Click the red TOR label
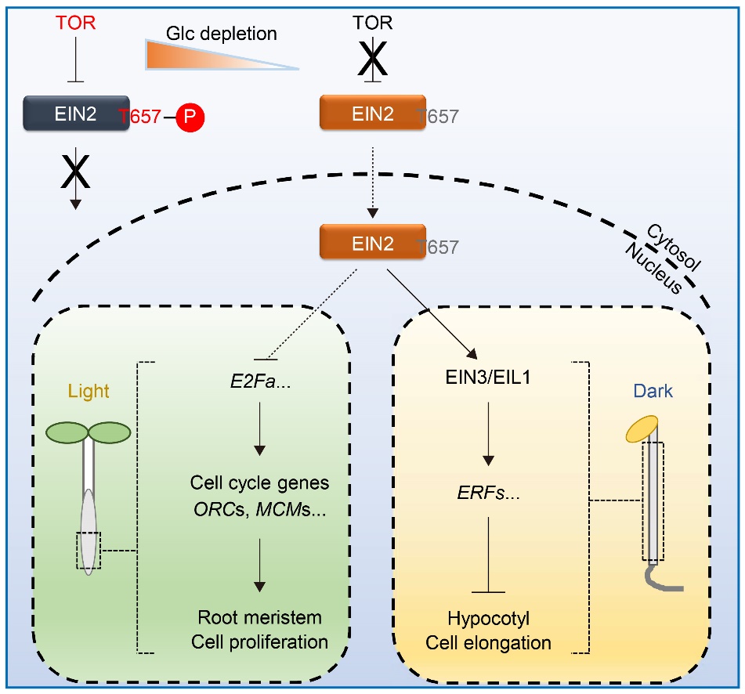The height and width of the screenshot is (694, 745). tap(77, 22)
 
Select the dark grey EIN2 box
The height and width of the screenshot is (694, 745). tap(76, 113)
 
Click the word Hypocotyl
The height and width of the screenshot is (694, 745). tap(489, 617)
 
